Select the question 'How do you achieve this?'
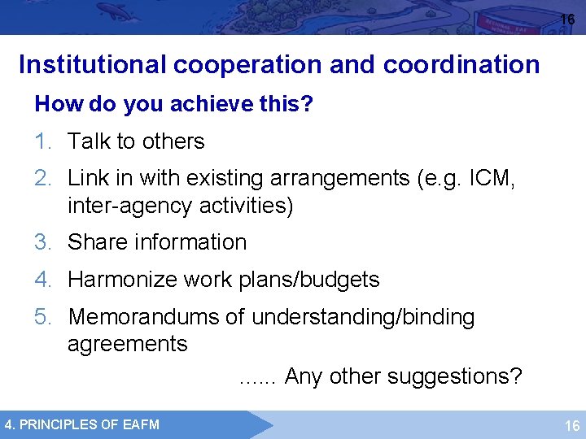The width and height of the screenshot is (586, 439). (174, 105)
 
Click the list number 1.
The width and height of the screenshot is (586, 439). (42, 141)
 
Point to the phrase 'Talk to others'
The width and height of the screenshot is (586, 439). (136, 141)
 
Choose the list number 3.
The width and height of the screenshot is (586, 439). (43, 242)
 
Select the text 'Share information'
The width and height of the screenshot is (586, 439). (157, 242)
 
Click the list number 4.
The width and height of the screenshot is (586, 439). (43, 280)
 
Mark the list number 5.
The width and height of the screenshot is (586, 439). (43, 317)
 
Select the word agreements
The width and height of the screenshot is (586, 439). (127, 344)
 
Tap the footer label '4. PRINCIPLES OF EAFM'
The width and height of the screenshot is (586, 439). (82, 424)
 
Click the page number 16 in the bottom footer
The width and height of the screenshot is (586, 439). (572, 425)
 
